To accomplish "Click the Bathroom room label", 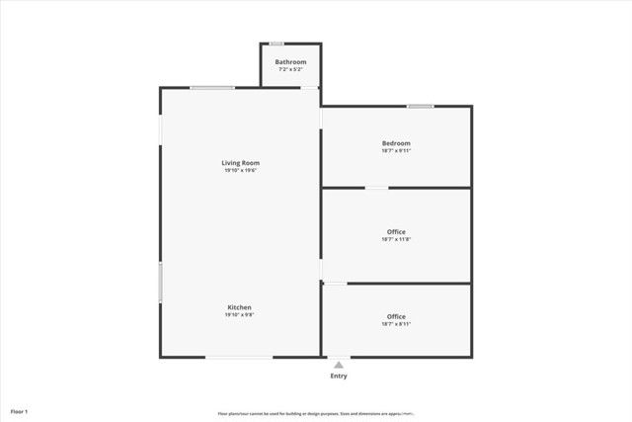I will coord(290,62).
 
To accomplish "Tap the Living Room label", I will coord(240,162).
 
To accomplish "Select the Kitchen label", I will coord(240,307).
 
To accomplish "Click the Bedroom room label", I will coord(396,143).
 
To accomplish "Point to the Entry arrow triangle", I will coord(339,365).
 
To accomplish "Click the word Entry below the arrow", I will coord(339,376).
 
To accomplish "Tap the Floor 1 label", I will coord(19,410).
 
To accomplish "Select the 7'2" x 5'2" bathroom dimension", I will coord(290,69).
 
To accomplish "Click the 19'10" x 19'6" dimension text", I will coord(240,170).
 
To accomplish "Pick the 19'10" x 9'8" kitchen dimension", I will coord(240,315).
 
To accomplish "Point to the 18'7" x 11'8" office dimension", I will coord(396,239).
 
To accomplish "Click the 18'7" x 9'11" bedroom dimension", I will coord(396,150).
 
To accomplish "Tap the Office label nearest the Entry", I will coord(396,316).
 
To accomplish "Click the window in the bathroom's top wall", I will coord(277,43).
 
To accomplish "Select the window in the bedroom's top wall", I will coord(421,106).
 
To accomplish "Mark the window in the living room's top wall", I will coord(212,88).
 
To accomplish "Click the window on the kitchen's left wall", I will coord(160,282).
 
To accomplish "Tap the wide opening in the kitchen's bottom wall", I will coord(239,357).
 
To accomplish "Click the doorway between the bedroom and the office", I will coord(377,188).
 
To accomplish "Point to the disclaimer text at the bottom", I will coord(316,413).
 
